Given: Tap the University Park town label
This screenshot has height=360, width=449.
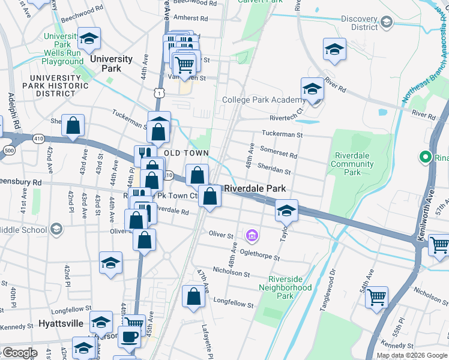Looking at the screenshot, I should pyautogui.click(x=111, y=64).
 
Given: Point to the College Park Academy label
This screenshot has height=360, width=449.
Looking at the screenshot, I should pyautogui.click(x=264, y=100).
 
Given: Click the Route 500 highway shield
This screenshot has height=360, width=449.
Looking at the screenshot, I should pyautogui.click(x=9, y=149).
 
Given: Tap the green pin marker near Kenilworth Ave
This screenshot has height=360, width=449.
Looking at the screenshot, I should pyautogui.click(x=426, y=158).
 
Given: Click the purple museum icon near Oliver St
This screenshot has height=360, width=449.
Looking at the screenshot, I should pyautogui.click(x=252, y=235).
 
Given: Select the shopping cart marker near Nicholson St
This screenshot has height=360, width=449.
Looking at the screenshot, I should pyautogui.click(x=376, y=297).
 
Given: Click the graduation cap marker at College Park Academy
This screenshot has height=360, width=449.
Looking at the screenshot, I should pyautogui.click(x=312, y=89).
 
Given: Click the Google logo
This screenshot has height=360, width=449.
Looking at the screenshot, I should pyautogui.click(x=19, y=353).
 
